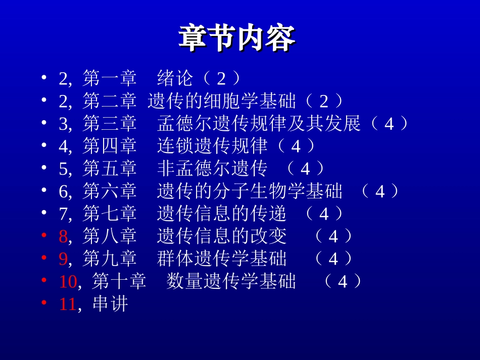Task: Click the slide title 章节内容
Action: pos(237,38)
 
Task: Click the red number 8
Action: pos(63,236)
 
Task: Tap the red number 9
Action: pos(63,259)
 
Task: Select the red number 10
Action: pos(68,281)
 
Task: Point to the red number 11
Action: pos(68,304)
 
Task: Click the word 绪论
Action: pos(175,78)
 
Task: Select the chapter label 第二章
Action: pos(110,101)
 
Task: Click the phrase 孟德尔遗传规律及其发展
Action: pos(259,124)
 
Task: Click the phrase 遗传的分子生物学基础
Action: pos(250,191)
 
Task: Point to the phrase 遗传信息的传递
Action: pos(222,214)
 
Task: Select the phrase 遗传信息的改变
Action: pos(222,236)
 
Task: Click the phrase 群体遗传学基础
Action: pos(222,259)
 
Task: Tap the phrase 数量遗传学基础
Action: pos(231,281)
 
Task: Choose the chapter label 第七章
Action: pos(110,214)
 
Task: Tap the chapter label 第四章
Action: pos(110,146)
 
